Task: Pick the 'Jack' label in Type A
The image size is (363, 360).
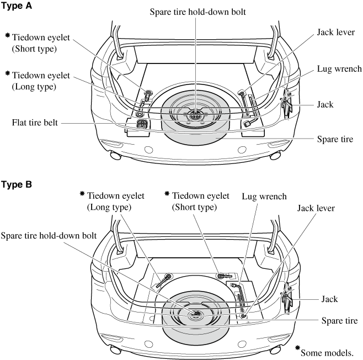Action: coord(325,103)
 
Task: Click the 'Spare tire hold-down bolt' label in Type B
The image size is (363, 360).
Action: coord(49,235)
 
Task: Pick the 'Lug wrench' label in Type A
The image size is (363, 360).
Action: coord(339,69)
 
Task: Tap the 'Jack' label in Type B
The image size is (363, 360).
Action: coord(329,299)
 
